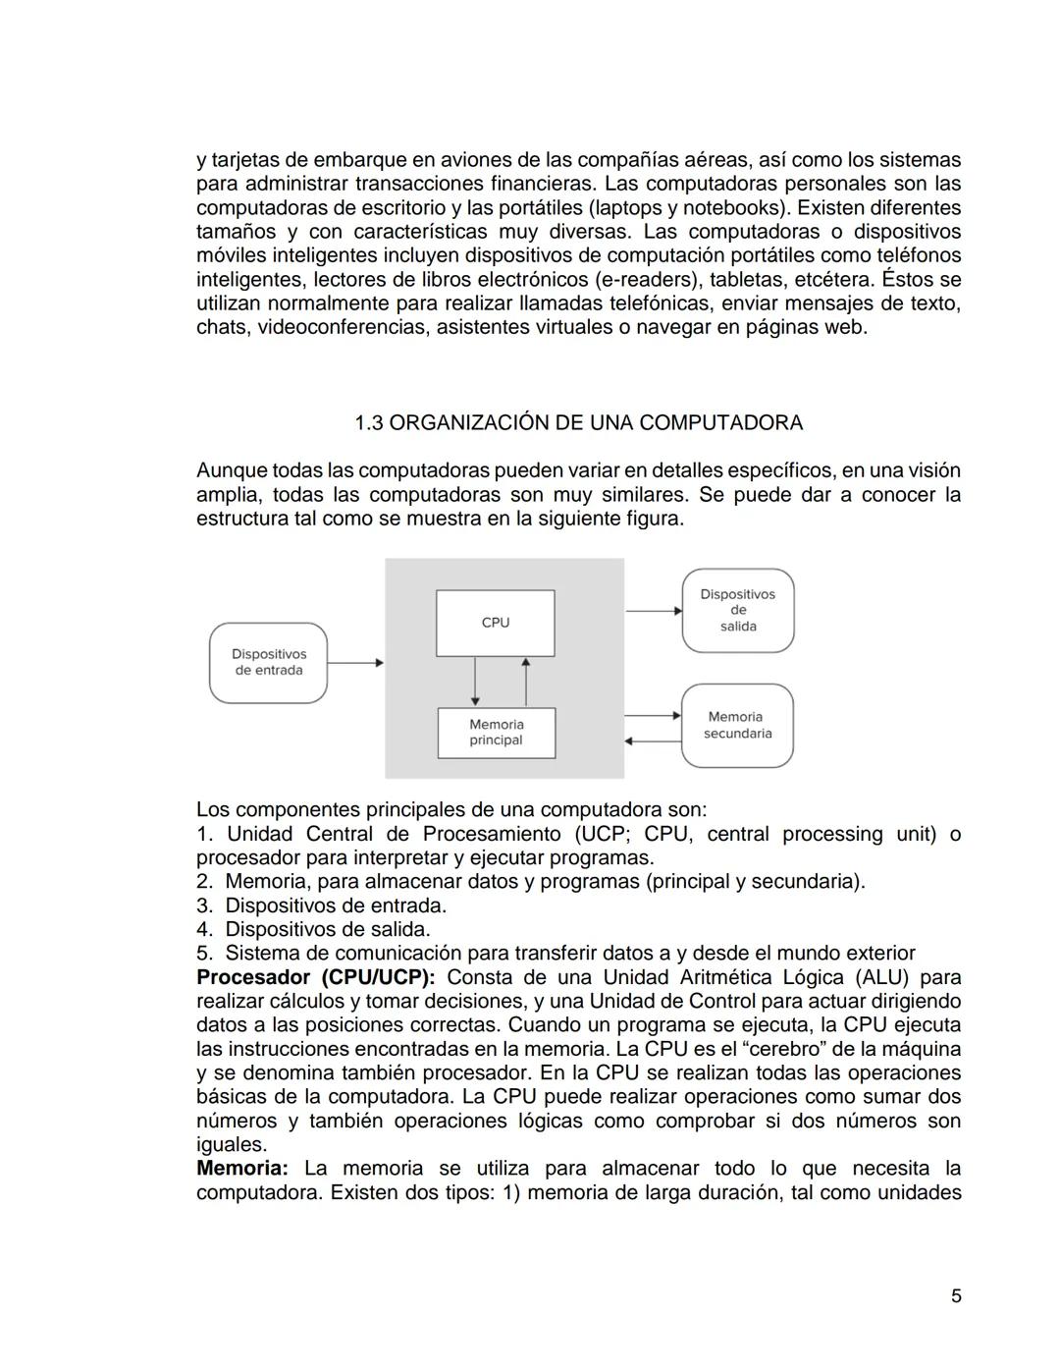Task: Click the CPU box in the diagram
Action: pyautogui.click(x=495, y=623)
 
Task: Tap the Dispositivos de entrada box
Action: pyautogui.click(x=268, y=663)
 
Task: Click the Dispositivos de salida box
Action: pyautogui.click(x=738, y=610)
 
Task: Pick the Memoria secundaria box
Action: pyautogui.click(x=737, y=726)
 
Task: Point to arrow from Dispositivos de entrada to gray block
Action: pyautogui.click(x=355, y=663)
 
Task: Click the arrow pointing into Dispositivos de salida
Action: pyautogui.click(x=653, y=610)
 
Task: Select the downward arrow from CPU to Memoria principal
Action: pyautogui.click(x=475, y=681)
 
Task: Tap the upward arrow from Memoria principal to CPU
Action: pyautogui.click(x=526, y=681)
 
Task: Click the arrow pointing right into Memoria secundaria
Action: pyautogui.click(x=653, y=715)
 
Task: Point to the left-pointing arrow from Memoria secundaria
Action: pyautogui.click(x=653, y=741)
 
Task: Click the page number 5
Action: pyautogui.click(x=956, y=1296)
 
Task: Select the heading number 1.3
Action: pyautogui.click(x=368, y=423)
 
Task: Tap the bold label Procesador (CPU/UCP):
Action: pyautogui.click(x=315, y=977)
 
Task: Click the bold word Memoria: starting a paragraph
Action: pyautogui.click(x=241, y=1169)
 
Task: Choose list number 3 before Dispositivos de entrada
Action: pyautogui.click(x=203, y=906)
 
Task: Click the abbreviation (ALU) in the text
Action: pyautogui.click(x=882, y=977)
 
